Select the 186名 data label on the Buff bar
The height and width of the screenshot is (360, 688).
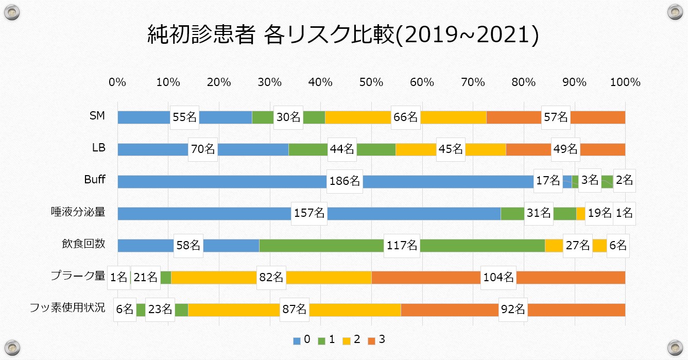click(x=345, y=181)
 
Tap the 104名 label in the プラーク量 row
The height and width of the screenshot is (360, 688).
click(x=498, y=277)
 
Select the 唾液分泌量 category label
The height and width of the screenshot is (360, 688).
click(x=78, y=212)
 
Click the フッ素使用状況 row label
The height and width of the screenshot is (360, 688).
click(x=67, y=308)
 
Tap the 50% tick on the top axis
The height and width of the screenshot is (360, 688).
click(x=371, y=82)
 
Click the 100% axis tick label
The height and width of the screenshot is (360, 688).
click(x=625, y=82)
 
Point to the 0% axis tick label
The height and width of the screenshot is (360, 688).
click(x=117, y=82)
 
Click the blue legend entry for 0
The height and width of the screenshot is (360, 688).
click(x=302, y=340)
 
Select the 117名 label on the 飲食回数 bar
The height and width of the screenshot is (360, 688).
click(x=402, y=246)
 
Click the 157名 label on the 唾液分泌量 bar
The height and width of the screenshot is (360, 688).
click(x=309, y=213)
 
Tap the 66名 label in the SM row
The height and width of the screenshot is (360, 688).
click(x=406, y=117)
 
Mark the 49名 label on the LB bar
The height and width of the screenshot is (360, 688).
click(x=565, y=149)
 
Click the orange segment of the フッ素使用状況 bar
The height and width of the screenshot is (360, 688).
click(x=453, y=310)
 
